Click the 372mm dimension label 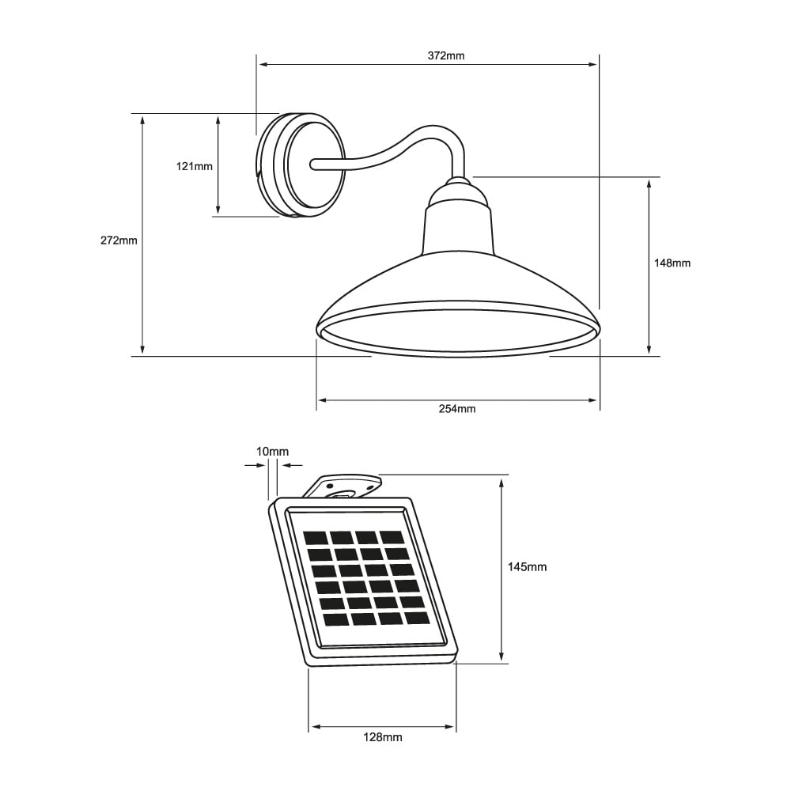click(447, 55)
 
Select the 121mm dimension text click(194, 166)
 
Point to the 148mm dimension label click(672, 263)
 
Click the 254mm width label click(457, 409)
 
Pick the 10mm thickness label click(273, 451)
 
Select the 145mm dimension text click(527, 567)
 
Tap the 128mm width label click(383, 737)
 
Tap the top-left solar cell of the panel click(315, 538)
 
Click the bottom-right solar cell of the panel click(417, 618)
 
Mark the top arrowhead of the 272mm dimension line click(142, 119)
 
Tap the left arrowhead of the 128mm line click(314, 726)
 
